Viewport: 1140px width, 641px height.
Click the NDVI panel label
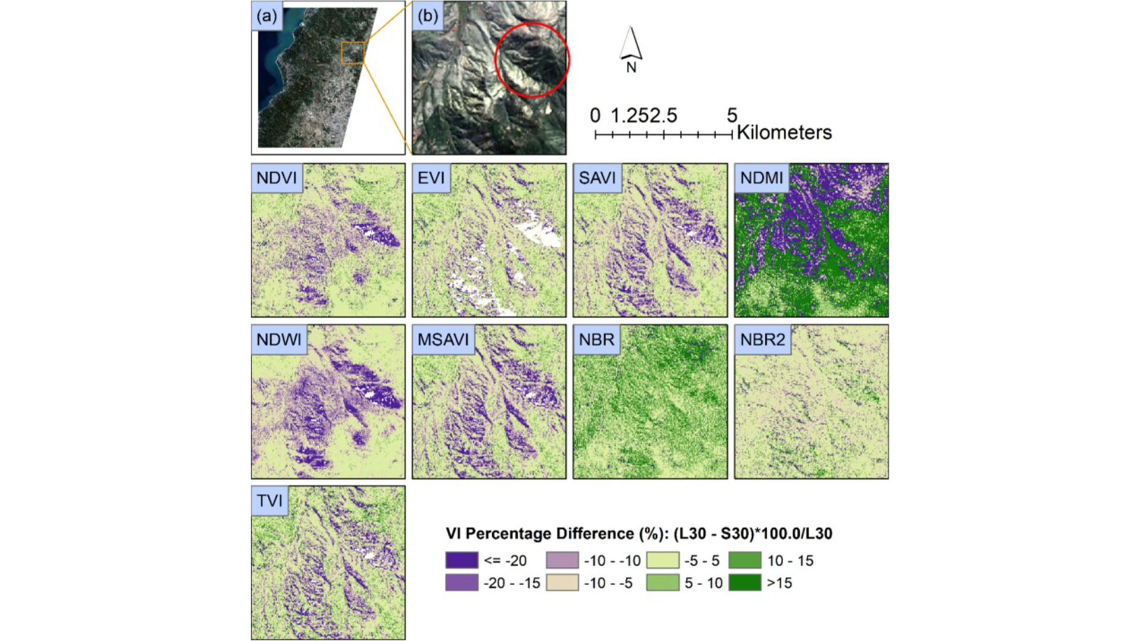click(x=277, y=178)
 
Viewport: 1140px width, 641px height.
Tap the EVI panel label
click(x=431, y=178)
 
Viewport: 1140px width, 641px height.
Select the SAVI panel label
click(x=597, y=178)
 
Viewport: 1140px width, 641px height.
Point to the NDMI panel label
click(x=762, y=178)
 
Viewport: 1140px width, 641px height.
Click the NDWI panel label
click(x=279, y=339)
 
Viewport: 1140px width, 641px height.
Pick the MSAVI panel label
click(x=443, y=339)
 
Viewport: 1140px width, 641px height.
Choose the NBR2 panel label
click(x=762, y=339)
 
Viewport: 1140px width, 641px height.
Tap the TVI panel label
click(x=270, y=501)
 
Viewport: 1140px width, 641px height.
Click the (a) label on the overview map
click(x=267, y=16)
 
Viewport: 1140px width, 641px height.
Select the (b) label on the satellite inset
click(x=428, y=16)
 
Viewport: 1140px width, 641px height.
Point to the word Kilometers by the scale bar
click(x=784, y=132)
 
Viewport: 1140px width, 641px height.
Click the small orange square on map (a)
click(x=353, y=53)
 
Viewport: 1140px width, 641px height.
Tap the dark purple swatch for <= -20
click(x=462, y=560)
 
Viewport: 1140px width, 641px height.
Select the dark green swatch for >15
click(x=745, y=583)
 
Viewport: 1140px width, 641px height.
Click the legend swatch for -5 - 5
click(x=663, y=560)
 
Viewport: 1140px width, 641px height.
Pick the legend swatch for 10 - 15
click(x=745, y=560)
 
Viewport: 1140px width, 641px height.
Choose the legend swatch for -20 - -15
click(x=462, y=583)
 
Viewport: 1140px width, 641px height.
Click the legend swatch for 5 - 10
click(x=663, y=583)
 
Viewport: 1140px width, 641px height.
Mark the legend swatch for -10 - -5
click(x=562, y=583)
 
